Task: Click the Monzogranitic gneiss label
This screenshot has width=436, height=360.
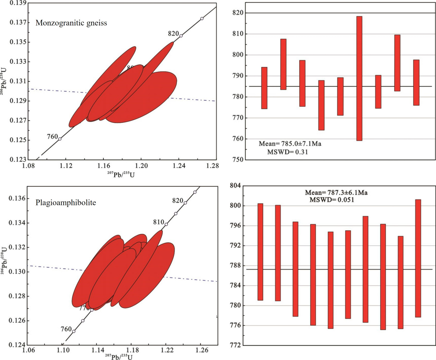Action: [71, 23]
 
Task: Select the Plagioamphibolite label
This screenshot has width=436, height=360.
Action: [66, 203]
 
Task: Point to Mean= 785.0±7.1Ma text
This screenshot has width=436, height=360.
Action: [290, 144]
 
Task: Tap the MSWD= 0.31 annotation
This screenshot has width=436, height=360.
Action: [287, 152]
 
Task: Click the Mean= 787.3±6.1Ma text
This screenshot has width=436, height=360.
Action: [336, 193]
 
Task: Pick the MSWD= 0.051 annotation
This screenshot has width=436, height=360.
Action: [332, 200]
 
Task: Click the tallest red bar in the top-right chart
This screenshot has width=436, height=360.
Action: [359, 78]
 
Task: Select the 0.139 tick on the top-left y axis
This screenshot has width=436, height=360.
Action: [18, 3]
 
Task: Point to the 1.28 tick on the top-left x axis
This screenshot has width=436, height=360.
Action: [212, 166]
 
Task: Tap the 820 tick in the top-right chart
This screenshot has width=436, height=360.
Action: [238, 13]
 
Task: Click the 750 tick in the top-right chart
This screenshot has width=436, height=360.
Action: [238, 160]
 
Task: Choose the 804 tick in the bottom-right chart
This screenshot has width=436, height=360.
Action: [236, 186]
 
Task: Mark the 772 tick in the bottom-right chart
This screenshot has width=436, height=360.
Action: [236, 345]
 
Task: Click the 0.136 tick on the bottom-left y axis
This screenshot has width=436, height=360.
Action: [17, 198]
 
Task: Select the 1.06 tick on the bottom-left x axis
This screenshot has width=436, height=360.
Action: [28, 350]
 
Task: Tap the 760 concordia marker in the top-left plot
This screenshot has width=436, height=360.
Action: [60, 139]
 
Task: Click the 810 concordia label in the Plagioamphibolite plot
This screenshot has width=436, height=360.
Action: [159, 222]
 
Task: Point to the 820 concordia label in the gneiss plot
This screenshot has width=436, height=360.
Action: [173, 34]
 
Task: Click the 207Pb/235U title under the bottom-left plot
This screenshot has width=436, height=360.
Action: [119, 357]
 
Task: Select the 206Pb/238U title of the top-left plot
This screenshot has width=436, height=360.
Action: [3, 81]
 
